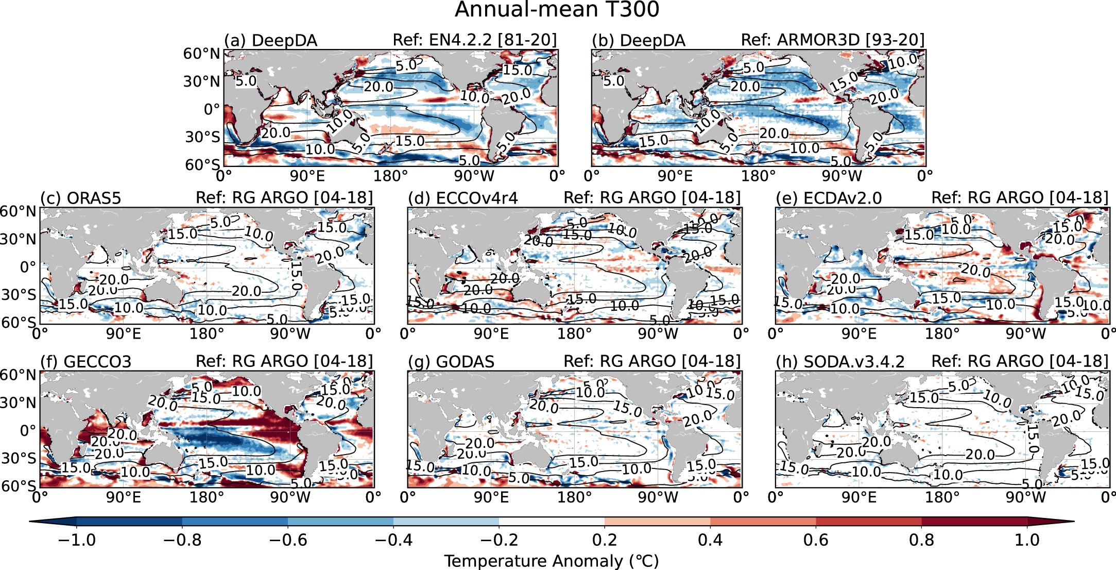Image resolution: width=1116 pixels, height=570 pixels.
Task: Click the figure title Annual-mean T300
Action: point(557,9)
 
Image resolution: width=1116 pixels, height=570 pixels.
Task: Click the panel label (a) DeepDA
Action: point(270,40)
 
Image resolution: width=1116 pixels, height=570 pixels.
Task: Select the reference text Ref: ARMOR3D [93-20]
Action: point(832,40)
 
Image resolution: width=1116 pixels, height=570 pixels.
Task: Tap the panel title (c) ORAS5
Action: point(80,198)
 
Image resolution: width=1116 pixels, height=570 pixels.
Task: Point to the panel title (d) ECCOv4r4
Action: point(462,198)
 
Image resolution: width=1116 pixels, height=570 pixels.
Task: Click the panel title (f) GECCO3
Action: point(85,361)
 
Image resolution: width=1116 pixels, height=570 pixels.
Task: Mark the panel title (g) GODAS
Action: point(451,361)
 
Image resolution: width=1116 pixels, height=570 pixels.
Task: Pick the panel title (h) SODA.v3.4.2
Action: point(839,361)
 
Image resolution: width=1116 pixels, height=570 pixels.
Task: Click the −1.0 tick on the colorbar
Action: point(77,540)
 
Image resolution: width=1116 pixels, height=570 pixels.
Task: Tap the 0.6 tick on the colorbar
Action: point(816,540)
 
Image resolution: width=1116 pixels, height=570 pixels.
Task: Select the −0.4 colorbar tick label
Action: point(393,540)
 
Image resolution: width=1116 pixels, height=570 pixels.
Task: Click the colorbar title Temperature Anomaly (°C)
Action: point(551,561)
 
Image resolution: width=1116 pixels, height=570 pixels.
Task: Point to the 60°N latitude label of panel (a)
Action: point(201,54)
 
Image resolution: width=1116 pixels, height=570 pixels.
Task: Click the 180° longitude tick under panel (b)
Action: point(758,176)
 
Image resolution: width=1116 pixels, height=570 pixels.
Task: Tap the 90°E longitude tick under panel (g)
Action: point(491,497)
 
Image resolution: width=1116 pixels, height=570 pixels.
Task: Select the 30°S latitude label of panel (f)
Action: point(19,458)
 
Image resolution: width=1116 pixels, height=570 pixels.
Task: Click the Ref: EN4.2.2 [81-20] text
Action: point(474,40)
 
